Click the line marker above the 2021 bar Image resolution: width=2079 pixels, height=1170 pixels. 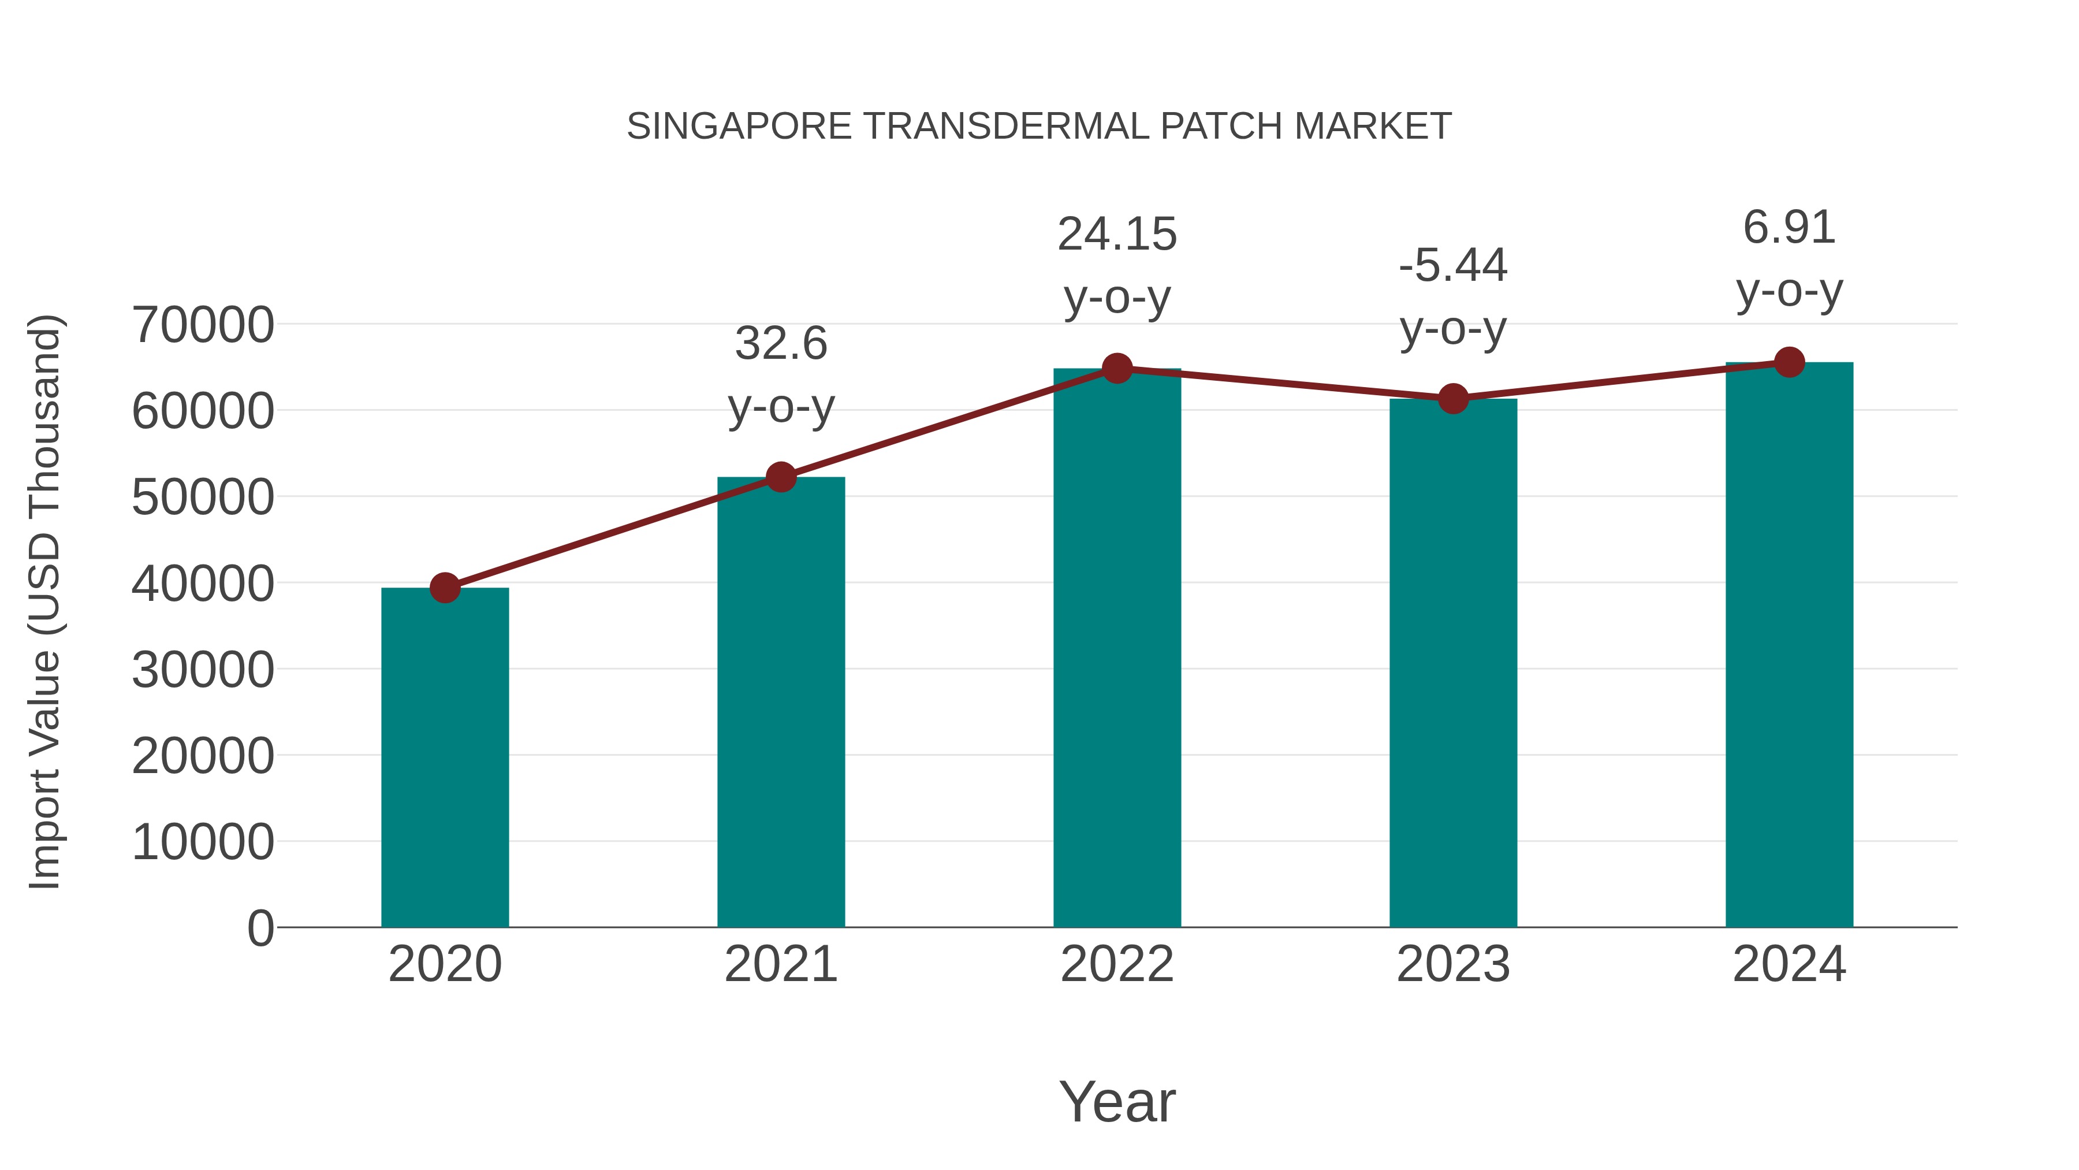780,477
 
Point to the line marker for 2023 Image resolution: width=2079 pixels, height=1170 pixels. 1453,399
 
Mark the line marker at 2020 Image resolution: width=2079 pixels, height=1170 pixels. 445,588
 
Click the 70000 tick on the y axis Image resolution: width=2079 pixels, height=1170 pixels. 203,325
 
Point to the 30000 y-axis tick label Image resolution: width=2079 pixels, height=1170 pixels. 203,670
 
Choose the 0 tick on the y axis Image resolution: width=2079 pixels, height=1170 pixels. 260,928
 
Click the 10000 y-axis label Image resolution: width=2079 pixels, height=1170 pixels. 203,842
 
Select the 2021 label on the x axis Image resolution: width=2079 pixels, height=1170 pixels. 780,964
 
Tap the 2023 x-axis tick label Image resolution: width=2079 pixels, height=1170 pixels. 1453,964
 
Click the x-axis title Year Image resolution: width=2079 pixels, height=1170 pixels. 1117,1101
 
